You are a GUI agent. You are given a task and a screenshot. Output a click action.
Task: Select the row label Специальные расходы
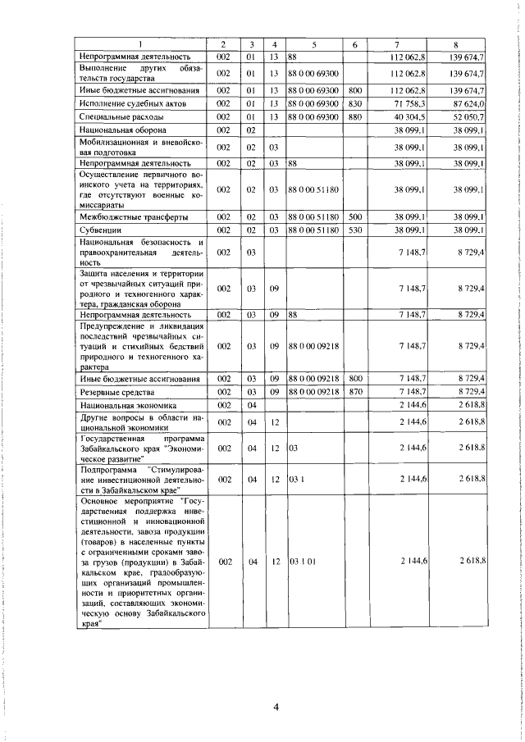coord(117,117)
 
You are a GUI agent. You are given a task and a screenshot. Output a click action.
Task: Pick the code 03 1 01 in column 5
coord(300,560)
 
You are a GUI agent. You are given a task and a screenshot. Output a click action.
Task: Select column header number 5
coord(313,43)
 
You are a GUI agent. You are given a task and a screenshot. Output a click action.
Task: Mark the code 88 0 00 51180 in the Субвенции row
coord(313,230)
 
